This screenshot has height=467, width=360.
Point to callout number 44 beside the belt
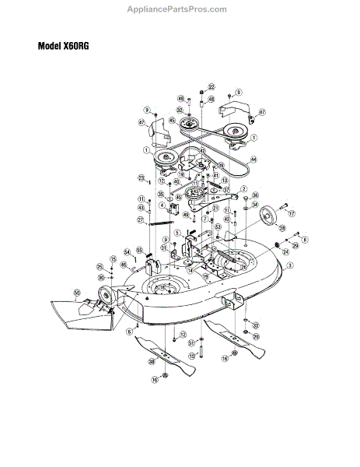[274, 158]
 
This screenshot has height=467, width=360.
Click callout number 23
[142, 177]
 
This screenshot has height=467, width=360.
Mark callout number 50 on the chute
[76, 293]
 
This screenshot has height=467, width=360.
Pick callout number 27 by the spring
[142, 220]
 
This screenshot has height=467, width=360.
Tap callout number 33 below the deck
[256, 325]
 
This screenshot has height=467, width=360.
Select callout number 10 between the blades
[190, 355]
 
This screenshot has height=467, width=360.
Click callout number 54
[127, 252]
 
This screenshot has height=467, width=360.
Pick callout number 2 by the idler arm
[243, 189]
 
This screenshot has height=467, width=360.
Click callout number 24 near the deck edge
[285, 251]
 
